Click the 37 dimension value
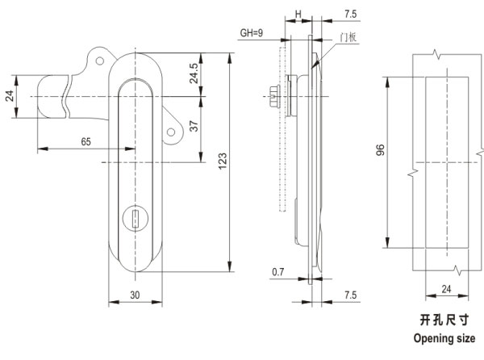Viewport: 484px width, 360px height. pyautogui.click(x=194, y=126)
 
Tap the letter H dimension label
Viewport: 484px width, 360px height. pyautogui.click(x=298, y=15)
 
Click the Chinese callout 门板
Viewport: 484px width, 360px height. pyautogui.click(x=348, y=36)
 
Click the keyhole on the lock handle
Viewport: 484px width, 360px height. pyautogui.click(x=134, y=218)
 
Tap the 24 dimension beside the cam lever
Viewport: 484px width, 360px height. pyautogui.click(x=10, y=96)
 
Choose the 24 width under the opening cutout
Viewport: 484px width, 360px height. pyautogui.click(x=444, y=288)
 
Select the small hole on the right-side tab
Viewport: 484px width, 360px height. pyautogui.click(x=170, y=132)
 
